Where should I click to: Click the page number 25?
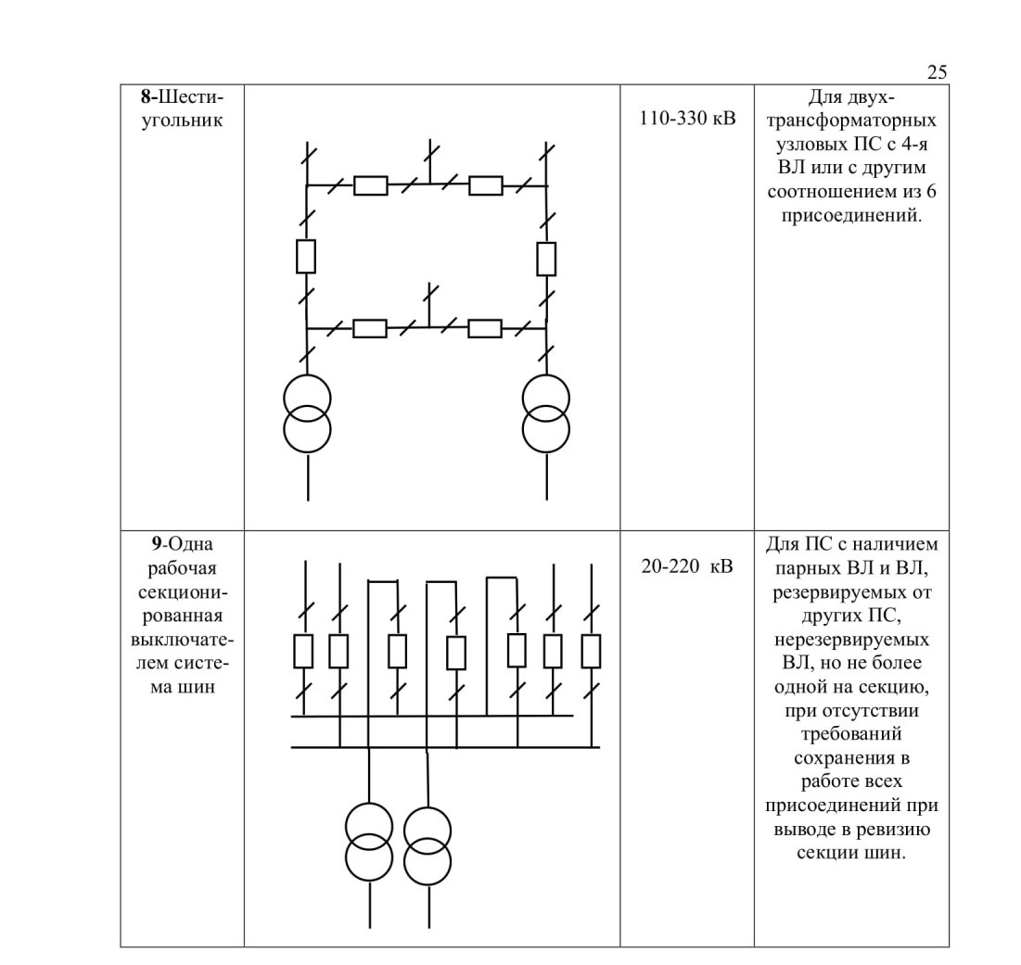pos(937,71)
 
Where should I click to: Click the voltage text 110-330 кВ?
pos(687,119)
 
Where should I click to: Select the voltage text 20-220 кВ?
pos(687,566)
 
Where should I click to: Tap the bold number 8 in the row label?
pos(146,97)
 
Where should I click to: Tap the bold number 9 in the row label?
pos(157,544)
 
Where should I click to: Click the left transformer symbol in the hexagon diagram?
pos(307,413)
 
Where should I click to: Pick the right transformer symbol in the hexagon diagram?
pos(546,413)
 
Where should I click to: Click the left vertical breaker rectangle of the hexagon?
pos(306,257)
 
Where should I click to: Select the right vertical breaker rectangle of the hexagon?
pos(546,259)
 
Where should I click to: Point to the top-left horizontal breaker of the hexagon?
pos(371,185)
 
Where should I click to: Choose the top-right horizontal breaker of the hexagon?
pos(486,185)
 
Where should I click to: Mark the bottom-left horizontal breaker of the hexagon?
pos(370,328)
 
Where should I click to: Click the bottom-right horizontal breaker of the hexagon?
pos(485,328)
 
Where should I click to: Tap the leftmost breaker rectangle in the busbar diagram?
pos(303,652)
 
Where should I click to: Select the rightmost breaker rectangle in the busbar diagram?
pos(591,652)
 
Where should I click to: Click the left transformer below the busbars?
pos(369,842)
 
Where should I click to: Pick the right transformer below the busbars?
pos(428,845)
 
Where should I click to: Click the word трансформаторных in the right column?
pos(851,121)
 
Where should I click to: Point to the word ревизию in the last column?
pos(893,830)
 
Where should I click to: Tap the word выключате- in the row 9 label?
pos(182,640)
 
